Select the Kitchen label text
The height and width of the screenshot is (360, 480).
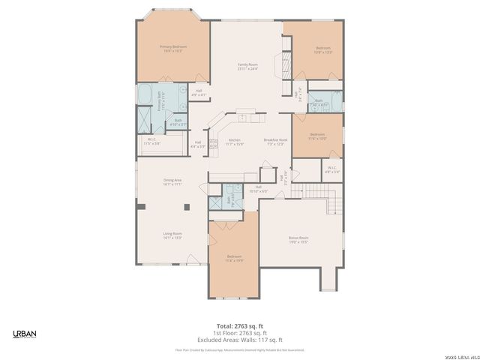[235, 142]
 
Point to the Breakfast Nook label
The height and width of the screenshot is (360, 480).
[275, 142]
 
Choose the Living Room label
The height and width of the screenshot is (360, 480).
[173, 235]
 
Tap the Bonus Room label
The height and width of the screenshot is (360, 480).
[298, 240]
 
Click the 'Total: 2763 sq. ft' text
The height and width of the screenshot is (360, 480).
[239, 325]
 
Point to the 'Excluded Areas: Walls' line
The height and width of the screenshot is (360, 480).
[239, 340]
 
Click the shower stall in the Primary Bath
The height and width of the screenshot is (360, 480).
[143, 118]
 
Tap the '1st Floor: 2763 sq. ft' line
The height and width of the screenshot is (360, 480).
[239, 333]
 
